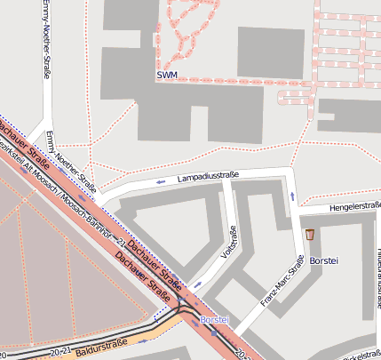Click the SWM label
coord(167,76)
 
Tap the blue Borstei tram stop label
coord(216,318)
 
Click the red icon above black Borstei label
coord(309,236)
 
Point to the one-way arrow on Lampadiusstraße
coord(161,183)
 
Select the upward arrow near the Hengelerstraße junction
coord(292,193)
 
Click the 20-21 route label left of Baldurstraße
coord(60,352)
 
